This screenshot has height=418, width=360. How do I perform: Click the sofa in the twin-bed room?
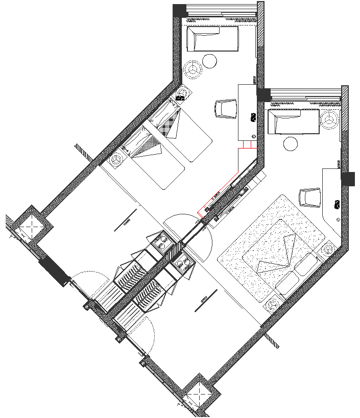tap(212, 39)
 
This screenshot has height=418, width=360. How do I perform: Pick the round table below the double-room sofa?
tap(291, 143)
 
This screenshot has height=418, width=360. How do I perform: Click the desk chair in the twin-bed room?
tap(226, 109)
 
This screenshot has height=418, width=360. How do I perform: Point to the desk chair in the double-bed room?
tap(309, 198)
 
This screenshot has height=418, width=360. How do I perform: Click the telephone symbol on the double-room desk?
tap(337, 204)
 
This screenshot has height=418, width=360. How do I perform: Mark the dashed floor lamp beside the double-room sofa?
tap(330, 120)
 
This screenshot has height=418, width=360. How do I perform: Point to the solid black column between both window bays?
tap(263, 95)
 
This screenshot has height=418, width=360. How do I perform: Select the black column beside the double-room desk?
tap(348, 179)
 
